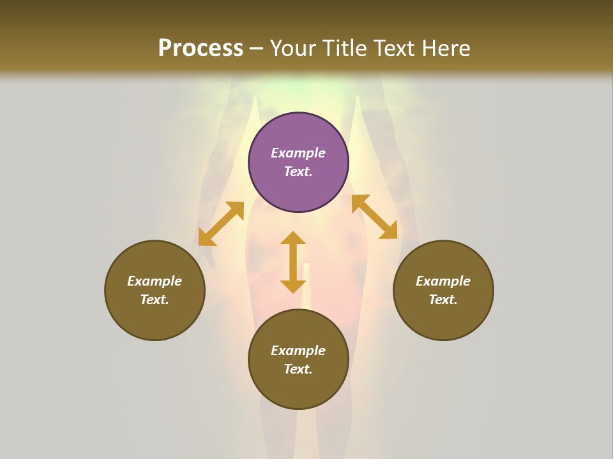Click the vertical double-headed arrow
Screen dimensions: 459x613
[293, 262]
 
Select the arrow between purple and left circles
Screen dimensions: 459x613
[221, 224]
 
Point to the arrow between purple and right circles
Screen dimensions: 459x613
[374, 217]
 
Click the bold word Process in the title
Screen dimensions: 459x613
[201, 48]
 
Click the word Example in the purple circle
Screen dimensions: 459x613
[298, 153]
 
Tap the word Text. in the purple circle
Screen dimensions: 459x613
[298, 171]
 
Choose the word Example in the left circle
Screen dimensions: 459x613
[155, 281]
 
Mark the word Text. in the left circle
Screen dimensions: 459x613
[155, 300]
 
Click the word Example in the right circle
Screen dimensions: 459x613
[443, 281]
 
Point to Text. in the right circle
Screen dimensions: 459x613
[443, 300]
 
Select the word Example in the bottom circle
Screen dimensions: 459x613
[298, 351]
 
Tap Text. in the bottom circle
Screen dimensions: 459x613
[298, 369]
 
